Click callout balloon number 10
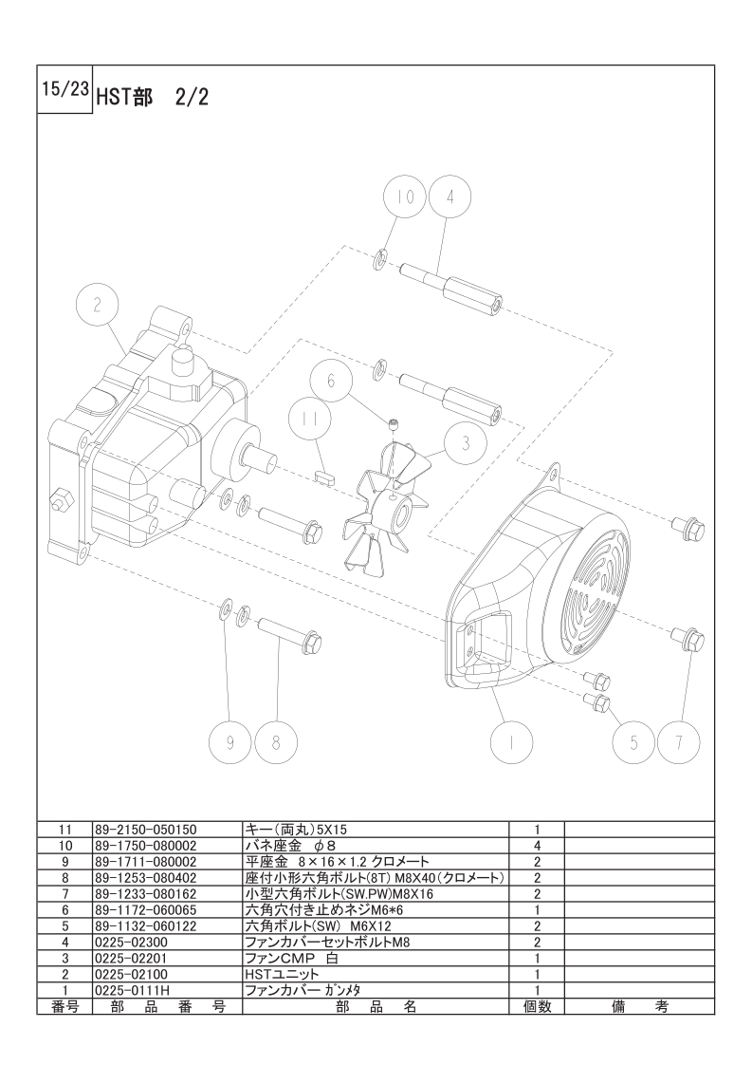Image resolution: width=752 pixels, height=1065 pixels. click(405, 197)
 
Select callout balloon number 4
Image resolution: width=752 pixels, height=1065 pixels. click(449, 197)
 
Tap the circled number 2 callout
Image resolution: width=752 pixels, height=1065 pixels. click(98, 307)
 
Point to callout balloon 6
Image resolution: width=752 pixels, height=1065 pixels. click(332, 381)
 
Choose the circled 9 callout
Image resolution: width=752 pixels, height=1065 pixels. click(230, 742)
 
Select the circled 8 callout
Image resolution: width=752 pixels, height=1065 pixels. click(276, 742)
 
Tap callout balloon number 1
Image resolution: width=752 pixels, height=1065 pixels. click(511, 742)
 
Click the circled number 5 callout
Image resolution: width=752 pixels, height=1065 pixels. click(633, 742)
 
